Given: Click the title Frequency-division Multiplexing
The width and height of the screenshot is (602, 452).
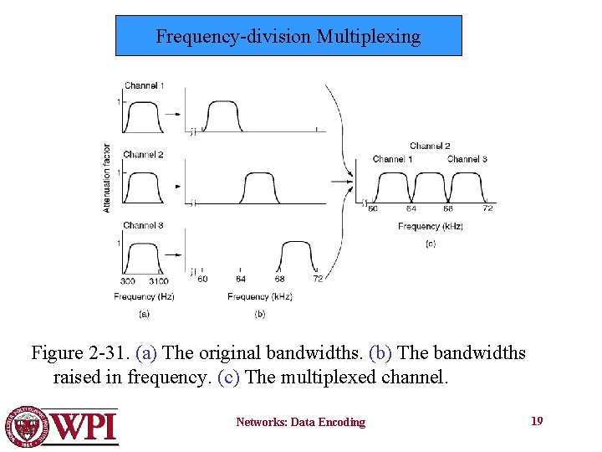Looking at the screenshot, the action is click(288, 36).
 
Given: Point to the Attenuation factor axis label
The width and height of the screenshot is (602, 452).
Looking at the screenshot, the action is click(107, 177).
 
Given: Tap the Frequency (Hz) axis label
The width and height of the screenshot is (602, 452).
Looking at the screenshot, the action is click(144, 296).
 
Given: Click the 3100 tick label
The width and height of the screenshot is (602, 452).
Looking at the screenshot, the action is click(158, 281).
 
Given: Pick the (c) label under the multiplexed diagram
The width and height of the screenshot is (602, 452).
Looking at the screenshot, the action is click(431, 244).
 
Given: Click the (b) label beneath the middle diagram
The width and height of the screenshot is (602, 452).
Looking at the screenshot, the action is click(260, 314).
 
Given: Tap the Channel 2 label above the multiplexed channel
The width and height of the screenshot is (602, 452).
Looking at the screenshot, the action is click(430, 146).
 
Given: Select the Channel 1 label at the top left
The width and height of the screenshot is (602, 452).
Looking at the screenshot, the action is click(144, 85).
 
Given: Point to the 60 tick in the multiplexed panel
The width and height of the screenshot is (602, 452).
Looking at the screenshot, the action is click(373, 208).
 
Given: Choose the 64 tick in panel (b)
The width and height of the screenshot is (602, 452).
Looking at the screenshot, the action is click(241, 280).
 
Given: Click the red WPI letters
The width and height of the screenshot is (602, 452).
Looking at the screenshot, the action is click(84, 427).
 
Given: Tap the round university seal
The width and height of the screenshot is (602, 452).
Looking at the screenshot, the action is click(28, 426).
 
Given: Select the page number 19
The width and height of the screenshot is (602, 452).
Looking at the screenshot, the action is click(537, 421).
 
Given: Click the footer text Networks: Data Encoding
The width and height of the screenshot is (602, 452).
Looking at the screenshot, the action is click(300, 423).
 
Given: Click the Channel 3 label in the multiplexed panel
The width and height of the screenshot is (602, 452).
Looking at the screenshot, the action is click(467, 159).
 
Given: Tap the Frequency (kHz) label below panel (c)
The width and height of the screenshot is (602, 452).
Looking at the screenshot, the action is click(431, 226).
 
